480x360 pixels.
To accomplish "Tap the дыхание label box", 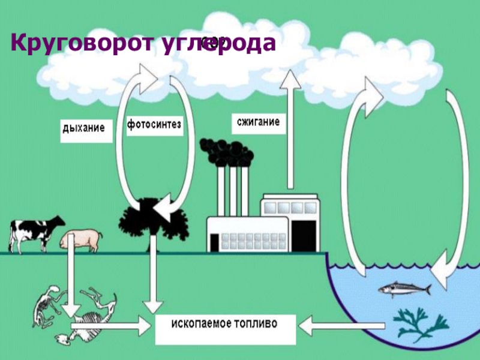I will pyautogui.click(x=86, y=128).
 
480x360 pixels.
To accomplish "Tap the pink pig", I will pyautogui.click(x=80, y=239).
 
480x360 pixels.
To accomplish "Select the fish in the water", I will pyautogui.click(x=404, y=290).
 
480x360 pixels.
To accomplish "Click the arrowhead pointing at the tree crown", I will pyautogui.click(x=165, y=208).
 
